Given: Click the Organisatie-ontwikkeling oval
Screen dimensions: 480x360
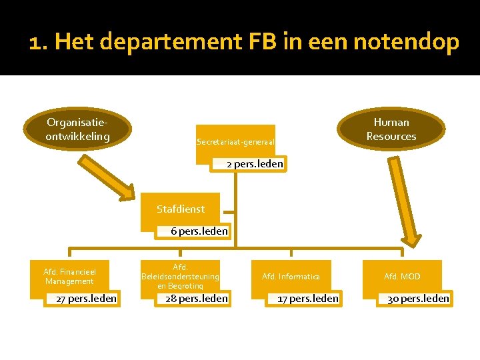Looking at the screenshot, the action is point(77,129).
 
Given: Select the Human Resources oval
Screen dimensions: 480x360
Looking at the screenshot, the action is point(391,129).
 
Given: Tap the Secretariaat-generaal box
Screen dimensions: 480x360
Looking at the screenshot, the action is point(235,141).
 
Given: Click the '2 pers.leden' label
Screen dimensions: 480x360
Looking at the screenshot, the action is point(255,164).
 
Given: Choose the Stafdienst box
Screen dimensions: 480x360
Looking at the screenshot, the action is point(181,209).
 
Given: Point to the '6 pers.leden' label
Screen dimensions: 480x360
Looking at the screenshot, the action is point(199,231).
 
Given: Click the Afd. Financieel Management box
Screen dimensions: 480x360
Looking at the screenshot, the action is point(70,276).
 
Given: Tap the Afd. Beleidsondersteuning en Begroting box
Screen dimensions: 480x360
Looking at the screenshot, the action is point(180,275).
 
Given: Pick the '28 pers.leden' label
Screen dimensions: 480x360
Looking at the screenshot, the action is point(197,299).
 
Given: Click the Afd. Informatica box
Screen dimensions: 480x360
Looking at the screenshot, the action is point(291,276).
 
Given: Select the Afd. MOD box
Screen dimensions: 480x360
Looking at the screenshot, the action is point(402,276).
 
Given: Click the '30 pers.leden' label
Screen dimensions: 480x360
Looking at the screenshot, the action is point(419,299).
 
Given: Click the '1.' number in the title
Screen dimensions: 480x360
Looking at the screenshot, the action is point(38,43).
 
